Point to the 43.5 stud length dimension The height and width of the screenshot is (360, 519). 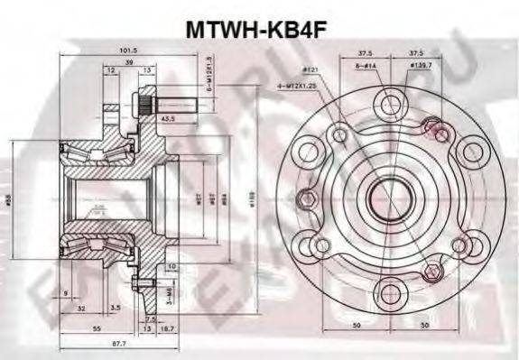(168, 118)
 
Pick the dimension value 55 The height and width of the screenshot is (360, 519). (97, 331)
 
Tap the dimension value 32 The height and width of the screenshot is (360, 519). (82, 308)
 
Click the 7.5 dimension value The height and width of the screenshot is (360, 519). (151, 319)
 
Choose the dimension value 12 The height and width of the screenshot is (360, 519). (109, 70)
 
